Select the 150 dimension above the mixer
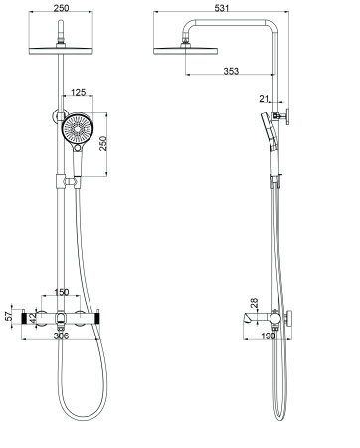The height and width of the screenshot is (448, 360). click(x=62, y=294)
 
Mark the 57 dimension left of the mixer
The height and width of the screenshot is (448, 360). click(x=9, y=316)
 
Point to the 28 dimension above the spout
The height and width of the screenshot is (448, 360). click(x=255, y=302)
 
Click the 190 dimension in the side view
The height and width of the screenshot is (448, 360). click(x=268, y=337)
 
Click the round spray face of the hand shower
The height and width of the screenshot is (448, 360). click(x=76, y=131)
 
